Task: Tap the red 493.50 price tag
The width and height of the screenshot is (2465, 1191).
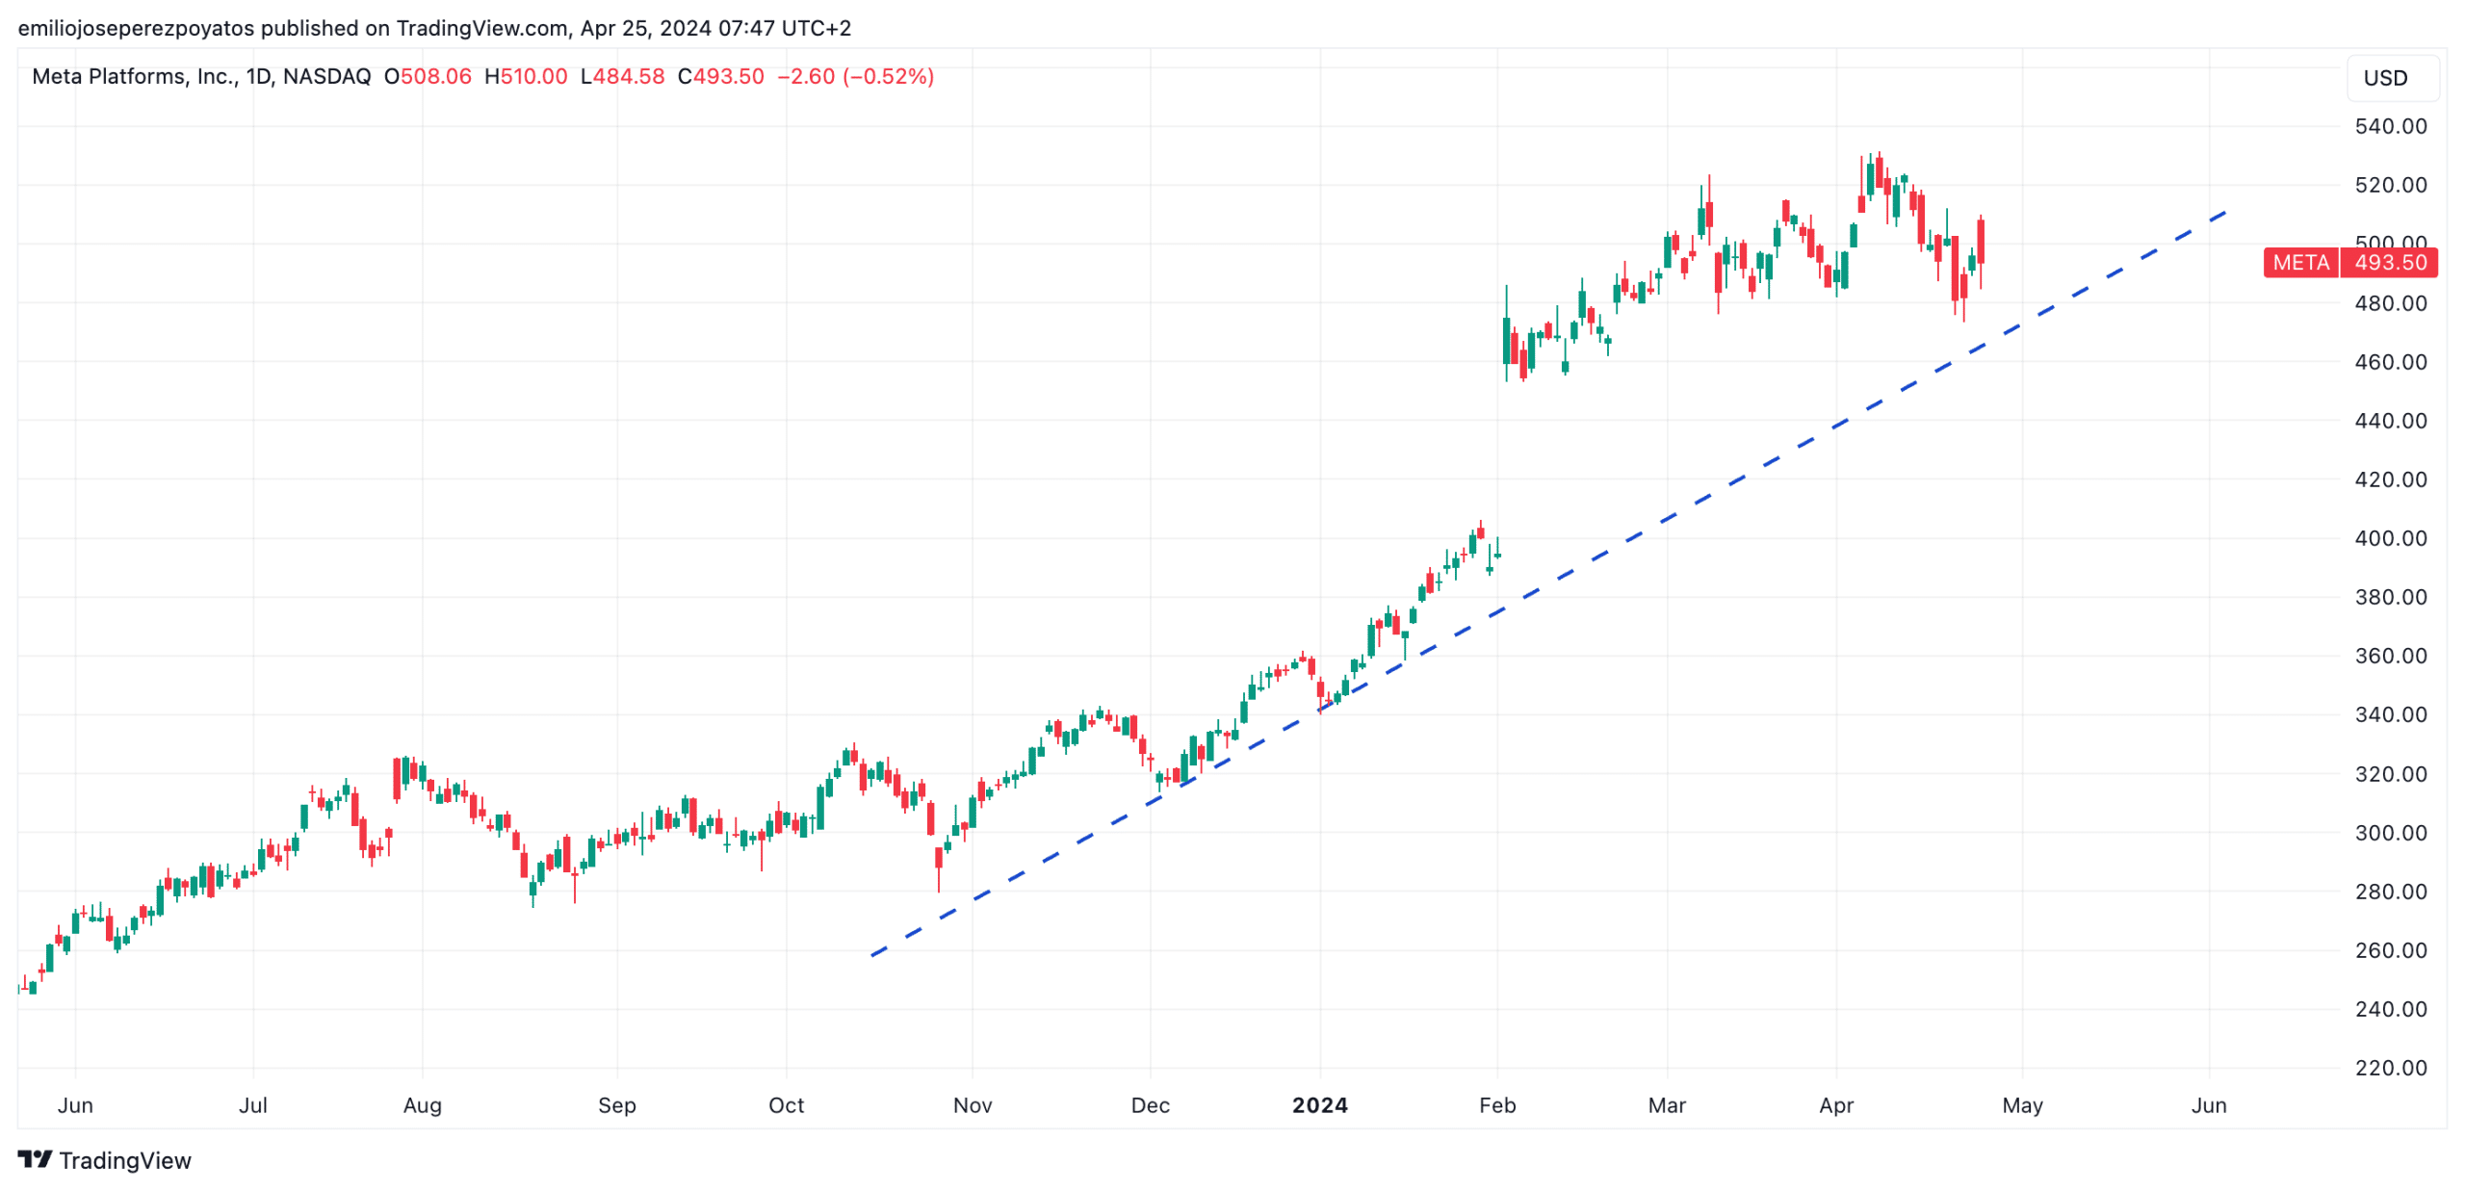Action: (x=2389, y=262)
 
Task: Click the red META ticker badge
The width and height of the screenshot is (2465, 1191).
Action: (x=2299, y=262)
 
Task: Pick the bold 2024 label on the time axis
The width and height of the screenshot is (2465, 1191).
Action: (x=1318, y=1104)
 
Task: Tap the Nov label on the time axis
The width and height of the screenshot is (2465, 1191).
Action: (x=972, y=1104)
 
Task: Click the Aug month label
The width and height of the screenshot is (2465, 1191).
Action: (x=422, y=1104)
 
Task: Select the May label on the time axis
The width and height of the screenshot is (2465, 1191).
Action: (x=2021, y=1104)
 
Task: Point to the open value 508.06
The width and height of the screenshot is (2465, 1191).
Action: (x=435, y=77)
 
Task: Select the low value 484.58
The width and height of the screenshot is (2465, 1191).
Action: (x=628, y=77)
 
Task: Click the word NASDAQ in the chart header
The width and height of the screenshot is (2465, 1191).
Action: (x=326, y=77)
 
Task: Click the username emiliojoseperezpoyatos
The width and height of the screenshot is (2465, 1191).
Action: (x=136, y=28)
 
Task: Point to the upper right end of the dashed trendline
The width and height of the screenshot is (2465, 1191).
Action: (x=2224, y=212)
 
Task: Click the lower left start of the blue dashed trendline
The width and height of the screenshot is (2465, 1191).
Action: (x=873, y=954)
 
